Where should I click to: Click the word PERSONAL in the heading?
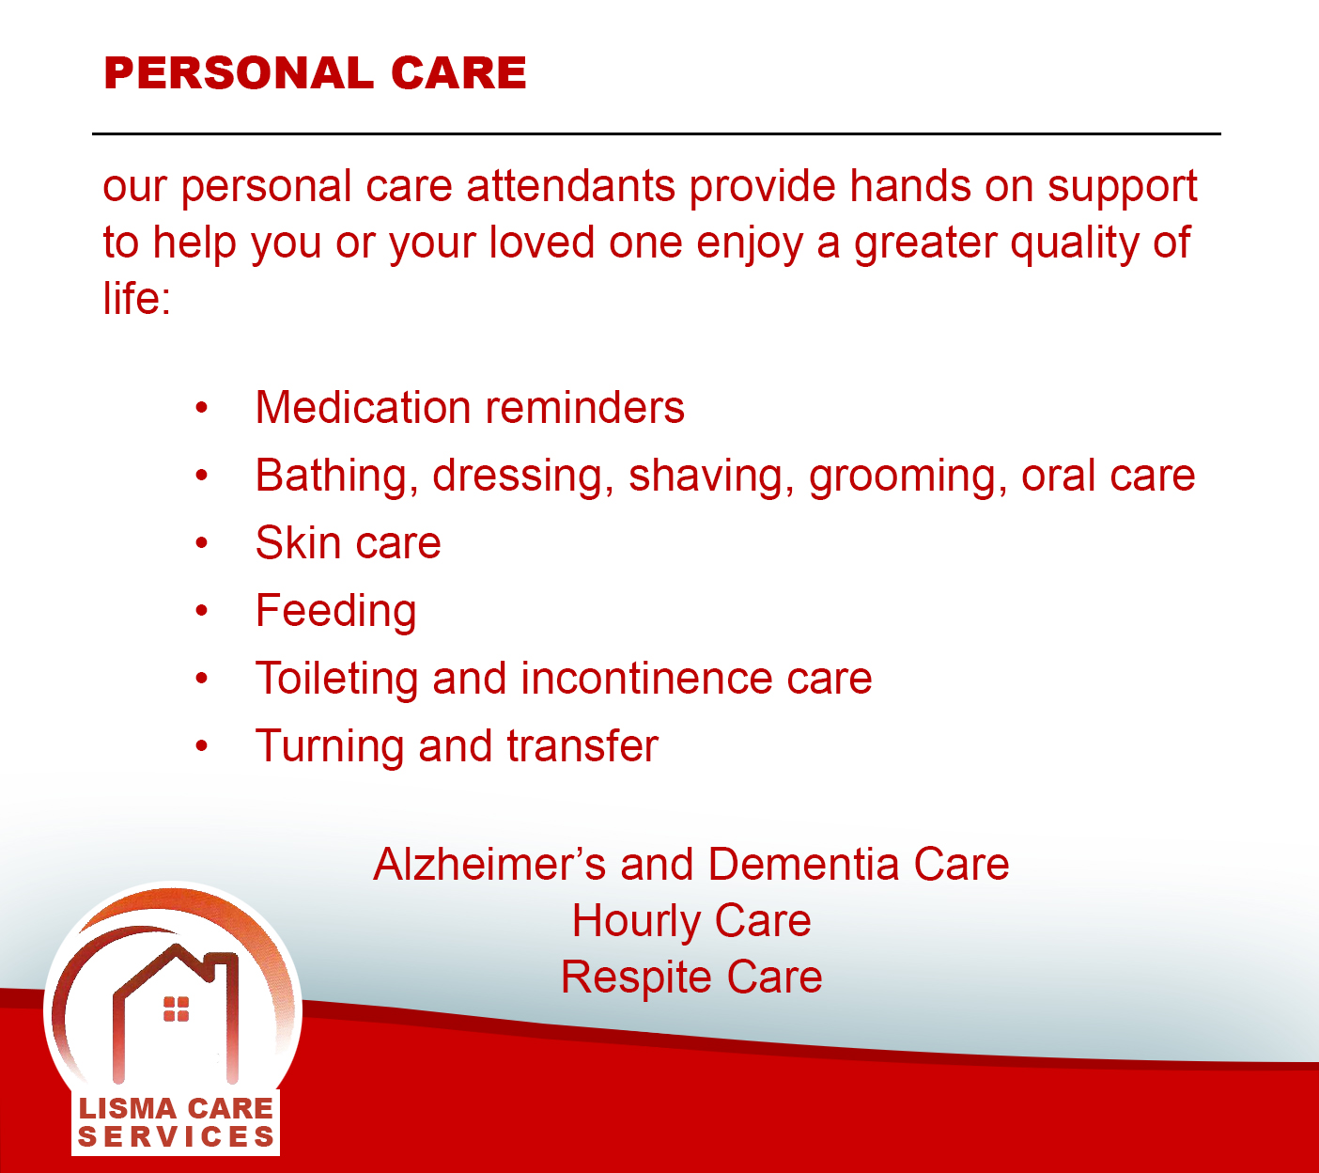tap(239, 73)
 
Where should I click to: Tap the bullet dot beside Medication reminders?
tap(202, 408)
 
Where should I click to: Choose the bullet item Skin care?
tap(349, 542)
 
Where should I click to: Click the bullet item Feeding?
tap(336, 612)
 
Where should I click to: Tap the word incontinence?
tap(646, 679)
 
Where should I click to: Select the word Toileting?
tap(337, 680)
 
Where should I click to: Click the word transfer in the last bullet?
tap(582, 746)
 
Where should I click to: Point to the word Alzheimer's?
tap(489, 865)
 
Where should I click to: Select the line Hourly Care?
tap(691, 922)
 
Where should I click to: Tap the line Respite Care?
tap(691, 978)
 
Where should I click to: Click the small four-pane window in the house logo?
tap(176, 1009)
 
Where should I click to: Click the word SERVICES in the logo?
tap(176, 1137)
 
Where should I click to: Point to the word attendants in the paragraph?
tap(571, 186)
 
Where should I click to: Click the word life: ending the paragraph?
tap(137, 298)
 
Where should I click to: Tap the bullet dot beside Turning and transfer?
tap(202, 746)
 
